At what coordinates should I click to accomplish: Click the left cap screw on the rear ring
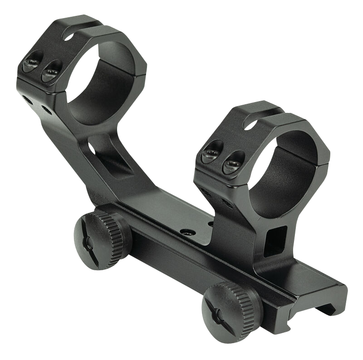point(33,61)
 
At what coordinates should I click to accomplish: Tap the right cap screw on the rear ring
point(51,71)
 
